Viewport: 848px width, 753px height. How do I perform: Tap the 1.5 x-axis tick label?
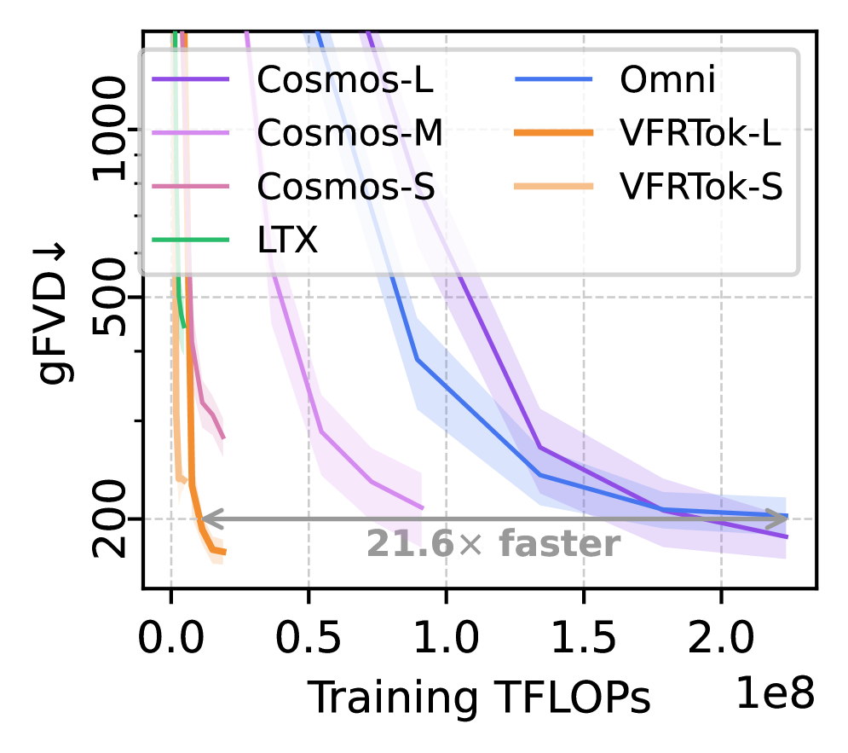pos(583,635)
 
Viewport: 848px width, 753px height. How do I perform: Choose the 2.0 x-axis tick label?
pos(720,635)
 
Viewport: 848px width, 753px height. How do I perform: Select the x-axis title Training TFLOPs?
pos(479,698)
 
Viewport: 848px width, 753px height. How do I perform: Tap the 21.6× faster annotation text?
pos(493,544)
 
